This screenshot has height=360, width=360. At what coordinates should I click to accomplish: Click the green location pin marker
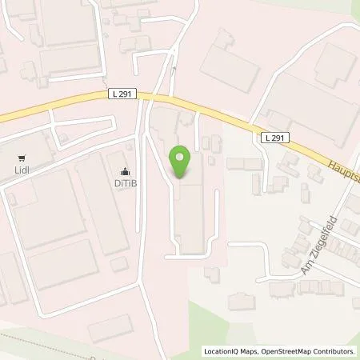click(182, 162)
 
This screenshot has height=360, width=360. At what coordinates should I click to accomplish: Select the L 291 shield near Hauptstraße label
click(271, 138)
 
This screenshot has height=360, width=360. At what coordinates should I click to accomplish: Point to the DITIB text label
click(125, 182)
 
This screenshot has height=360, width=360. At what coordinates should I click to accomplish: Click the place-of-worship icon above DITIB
click(125, 170)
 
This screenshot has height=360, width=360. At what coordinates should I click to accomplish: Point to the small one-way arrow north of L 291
click(174, 69)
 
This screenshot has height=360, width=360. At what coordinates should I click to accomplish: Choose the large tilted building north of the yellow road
click(230, 60)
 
